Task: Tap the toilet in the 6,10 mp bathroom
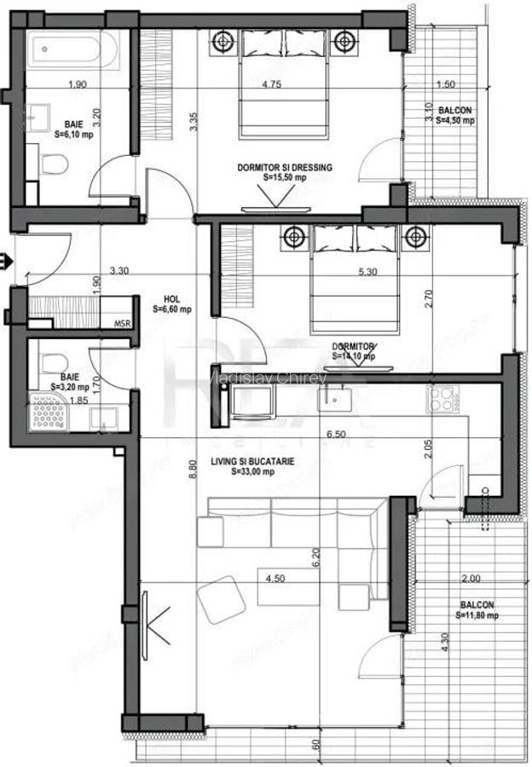(x=55, y=163)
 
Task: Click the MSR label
(x=123, y=325)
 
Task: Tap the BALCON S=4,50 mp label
(x=454, y=116)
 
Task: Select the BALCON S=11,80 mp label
(x=475, y=609)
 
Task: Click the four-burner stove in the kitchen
(x=443, y=399)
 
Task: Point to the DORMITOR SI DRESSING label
(x=285, y=172)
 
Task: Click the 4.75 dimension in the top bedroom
(x=272, y=84)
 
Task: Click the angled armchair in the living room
(x=221, y=602)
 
